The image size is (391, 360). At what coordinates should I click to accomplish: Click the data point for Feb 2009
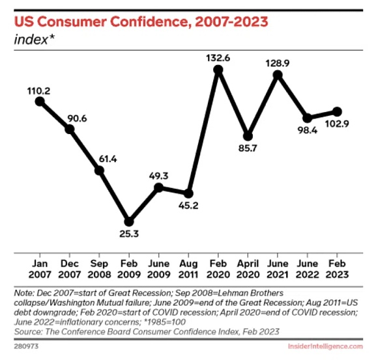coord(129,222)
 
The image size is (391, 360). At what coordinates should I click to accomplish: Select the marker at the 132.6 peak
coord(218,70)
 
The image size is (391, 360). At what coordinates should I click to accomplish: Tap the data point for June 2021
coord(278,75)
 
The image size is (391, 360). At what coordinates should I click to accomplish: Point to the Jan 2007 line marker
coord(40,101)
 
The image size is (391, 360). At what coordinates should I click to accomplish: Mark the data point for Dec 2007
coord(70,130)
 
